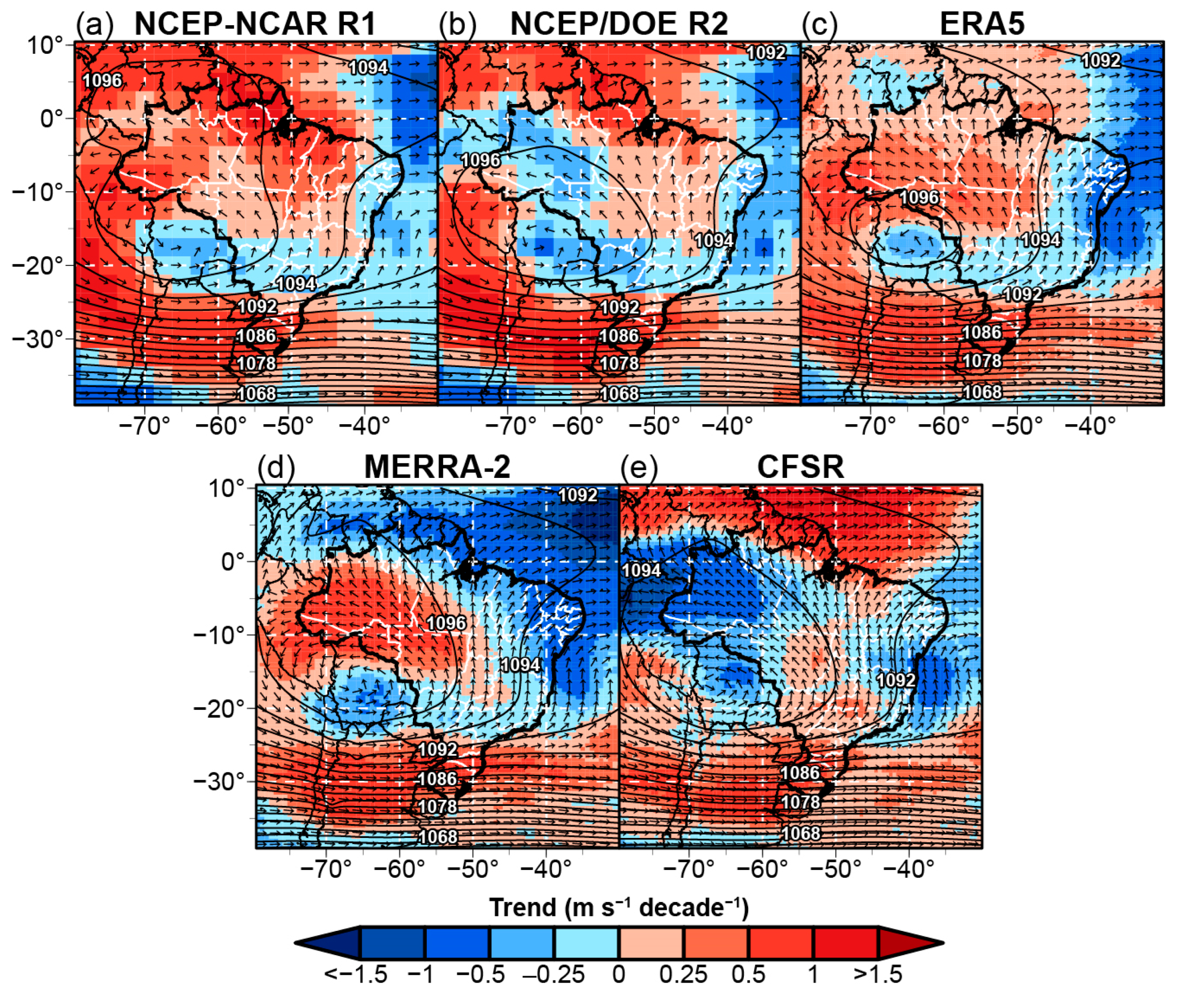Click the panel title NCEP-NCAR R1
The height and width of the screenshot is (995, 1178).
tap(255, 24)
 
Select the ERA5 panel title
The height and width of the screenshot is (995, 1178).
tap(982, 24)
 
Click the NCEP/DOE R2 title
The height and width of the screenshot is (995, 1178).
tap(619, 24)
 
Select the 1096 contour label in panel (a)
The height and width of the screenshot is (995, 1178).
tap(102, 81)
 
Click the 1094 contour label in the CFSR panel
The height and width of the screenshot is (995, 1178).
tap(641, 570)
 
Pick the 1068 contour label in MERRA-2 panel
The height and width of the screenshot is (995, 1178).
tap(438, 836)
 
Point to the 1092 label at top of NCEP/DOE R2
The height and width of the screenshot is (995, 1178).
tap(766, 53)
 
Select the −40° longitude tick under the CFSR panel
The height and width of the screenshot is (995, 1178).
tap(908, 869)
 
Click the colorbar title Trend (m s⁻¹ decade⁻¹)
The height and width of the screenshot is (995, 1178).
tap(618, 908)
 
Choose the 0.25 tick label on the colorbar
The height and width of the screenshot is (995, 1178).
tap(683, 974)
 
